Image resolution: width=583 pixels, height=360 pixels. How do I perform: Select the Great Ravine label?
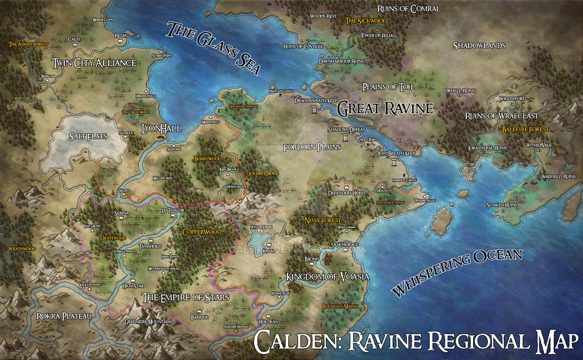tap(385, 108)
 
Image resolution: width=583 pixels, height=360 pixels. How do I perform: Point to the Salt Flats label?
tap(89, 137)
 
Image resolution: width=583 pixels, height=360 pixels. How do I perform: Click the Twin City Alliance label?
tap(94, 63)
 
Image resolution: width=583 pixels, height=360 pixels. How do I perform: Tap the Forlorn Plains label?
tap(312, 147)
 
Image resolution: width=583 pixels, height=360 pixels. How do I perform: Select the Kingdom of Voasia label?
tap(327, 276)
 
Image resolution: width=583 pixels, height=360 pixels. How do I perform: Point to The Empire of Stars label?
tap(186, 297)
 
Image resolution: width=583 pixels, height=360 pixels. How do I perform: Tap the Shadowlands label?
tap(479, 46)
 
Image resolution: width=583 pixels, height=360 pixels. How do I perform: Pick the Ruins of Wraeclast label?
tap(502, 116)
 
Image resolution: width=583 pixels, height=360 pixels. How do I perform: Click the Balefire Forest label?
tap(525, 130)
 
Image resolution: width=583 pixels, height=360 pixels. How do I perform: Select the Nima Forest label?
tap(323, 220)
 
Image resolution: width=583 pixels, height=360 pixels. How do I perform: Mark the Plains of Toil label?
tap(389, 87)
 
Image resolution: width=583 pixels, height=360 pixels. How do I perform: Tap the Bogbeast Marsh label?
tap(340, 306)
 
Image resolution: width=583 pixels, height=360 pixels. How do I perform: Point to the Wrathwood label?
tap(22, 248)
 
